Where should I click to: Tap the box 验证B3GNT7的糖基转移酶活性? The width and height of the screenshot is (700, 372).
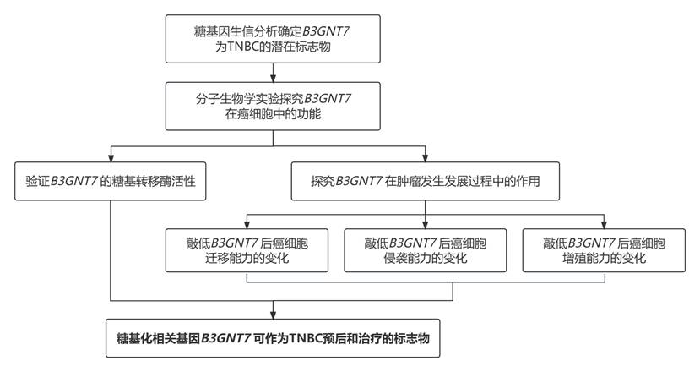pos(111,180)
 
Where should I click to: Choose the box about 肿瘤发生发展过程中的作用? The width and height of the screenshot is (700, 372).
pos(425,180)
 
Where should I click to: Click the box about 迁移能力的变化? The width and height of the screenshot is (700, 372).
pos(247,249)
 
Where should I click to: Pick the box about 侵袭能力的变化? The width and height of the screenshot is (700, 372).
pos(425,249)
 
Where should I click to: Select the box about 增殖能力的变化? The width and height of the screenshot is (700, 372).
pos(604,249)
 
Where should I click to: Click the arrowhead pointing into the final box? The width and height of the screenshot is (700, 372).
pos(273,315)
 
